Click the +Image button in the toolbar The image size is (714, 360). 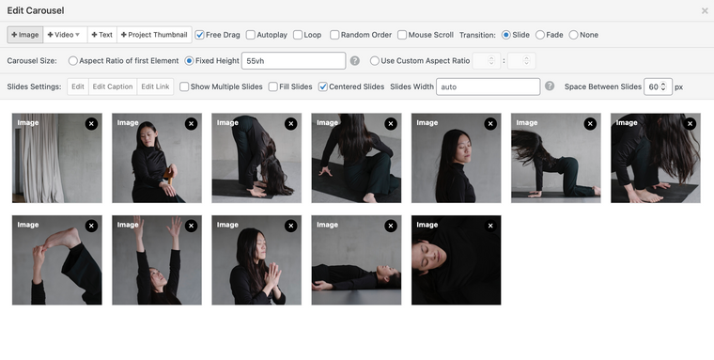25,35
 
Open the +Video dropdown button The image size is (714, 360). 65,35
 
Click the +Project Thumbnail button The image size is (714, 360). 154,35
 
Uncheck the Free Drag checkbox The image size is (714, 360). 199,35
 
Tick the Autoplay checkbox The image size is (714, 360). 251,35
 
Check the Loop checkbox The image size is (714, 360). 298,35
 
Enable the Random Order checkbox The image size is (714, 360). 334,35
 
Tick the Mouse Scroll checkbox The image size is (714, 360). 402,35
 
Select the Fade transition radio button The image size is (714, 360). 540,35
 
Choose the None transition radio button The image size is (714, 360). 574,35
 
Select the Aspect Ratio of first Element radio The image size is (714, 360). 73,60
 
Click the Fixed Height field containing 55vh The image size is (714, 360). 293,60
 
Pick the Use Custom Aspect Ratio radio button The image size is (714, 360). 374,60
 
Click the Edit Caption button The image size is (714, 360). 113,86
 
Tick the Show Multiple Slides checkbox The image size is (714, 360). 184,86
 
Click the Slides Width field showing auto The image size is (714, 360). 489,86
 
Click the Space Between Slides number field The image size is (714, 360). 658,86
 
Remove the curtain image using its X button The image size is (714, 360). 91,123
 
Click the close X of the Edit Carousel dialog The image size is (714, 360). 705,10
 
